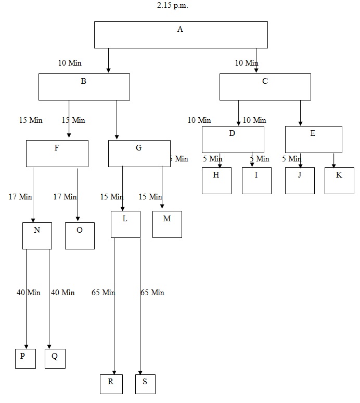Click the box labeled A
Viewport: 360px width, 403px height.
[x=181, y=34]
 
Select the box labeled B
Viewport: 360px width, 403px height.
[x=84, y=86]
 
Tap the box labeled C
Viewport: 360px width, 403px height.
[x=265, y=86]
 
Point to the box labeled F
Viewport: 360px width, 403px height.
[x=57, y=153]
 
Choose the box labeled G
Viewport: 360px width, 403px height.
[x=139, y=153]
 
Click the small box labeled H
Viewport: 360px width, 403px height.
[x=216, y=180]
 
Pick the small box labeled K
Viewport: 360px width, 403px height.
[x=339, y=180]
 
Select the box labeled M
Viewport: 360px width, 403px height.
[x=167, y=224]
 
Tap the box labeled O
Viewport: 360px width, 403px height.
[x=80, y=235]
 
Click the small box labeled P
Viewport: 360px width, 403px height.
[x=25, y=358]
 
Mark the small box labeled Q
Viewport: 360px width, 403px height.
[x=55, y=358]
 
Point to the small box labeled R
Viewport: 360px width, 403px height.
[x=111, y=384]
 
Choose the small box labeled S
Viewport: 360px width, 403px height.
[x=145, y=384]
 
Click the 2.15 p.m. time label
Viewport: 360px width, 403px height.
[x=172, y=6]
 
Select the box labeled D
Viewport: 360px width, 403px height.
[x=233, y=139]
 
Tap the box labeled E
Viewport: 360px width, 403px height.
[x=313, y=139]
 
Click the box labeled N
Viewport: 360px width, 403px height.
[x=37, y=235]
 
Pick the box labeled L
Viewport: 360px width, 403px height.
[x=125, y=224]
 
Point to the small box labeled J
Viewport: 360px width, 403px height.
[x=300, y=180]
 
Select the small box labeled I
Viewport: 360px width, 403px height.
[x=256, y=180]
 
